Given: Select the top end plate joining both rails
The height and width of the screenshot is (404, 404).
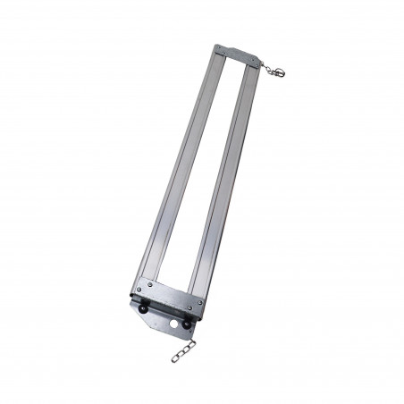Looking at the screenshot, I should point(238,53).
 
